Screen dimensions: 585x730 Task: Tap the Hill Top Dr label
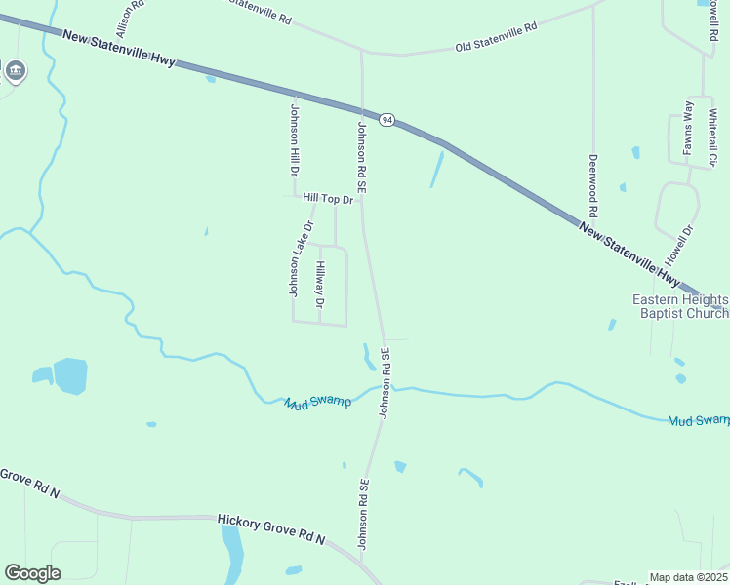click(327, 198)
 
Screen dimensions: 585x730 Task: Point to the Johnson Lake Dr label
click(300, 258)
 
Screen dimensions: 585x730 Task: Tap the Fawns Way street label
click(688, 128)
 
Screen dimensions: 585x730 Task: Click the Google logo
click(32, 572)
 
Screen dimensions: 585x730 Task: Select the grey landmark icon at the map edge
click(16, 70)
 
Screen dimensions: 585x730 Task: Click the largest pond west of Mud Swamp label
click(70, 375)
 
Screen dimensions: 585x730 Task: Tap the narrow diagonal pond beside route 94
click(436, 170)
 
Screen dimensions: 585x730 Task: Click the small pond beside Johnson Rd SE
click(369, 358)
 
